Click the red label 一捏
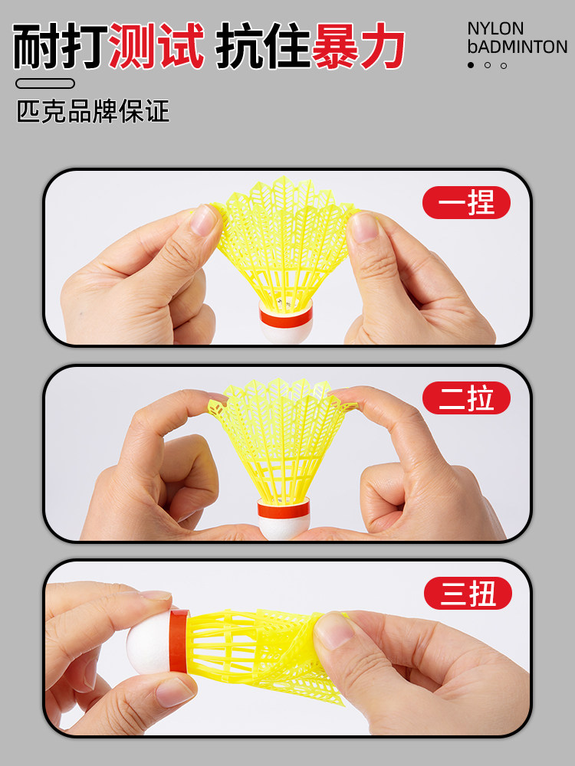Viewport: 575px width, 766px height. point(466,203)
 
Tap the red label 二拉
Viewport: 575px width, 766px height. point(466,398)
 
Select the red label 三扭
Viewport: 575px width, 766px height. point(467,594)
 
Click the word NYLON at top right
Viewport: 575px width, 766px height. point(496,29)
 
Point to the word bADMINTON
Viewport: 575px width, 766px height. point(517,47)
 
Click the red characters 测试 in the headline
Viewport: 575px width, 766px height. point(157,47)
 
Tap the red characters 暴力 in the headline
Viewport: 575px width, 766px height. point(360,47)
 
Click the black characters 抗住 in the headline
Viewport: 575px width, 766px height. point(262,47)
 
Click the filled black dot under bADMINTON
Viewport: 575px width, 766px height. point(471,65)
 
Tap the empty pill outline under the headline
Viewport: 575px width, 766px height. point(45,83)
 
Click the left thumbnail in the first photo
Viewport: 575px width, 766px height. point(205,221)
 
